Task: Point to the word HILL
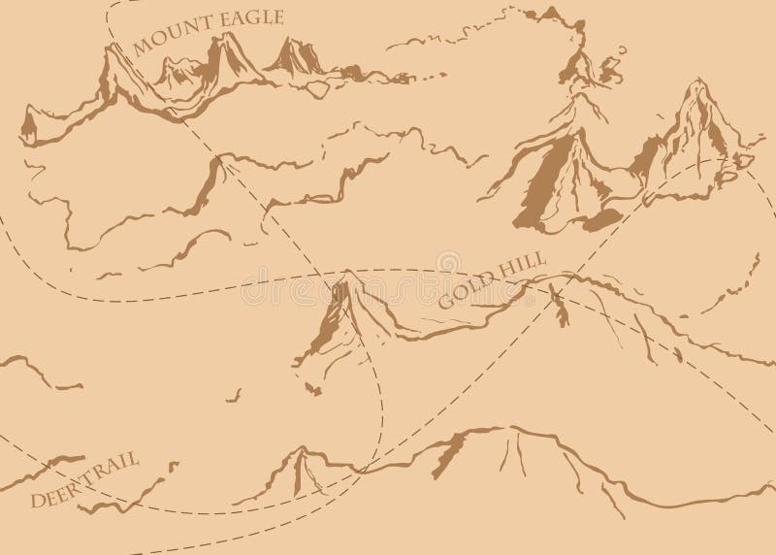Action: click(x=524, y=263)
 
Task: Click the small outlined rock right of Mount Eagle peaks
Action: click(x=316, y=89)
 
